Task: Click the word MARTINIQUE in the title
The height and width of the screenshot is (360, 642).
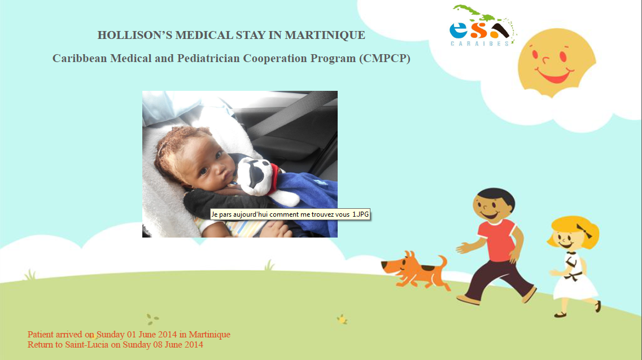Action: (x=325, y=35)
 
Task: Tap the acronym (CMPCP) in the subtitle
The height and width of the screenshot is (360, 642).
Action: (x=385, y=59)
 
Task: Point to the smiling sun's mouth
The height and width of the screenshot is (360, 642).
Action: (x=554, y=76)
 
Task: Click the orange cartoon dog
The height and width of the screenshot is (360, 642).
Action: (x=416, y=270)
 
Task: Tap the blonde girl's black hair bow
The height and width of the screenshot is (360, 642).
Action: (x=584, y=231)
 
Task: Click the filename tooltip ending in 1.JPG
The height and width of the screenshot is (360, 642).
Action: (x=290, y=214)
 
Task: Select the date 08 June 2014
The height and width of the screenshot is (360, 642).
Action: (x=178, y=344)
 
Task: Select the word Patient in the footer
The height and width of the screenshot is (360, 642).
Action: (x=41, y=335)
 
